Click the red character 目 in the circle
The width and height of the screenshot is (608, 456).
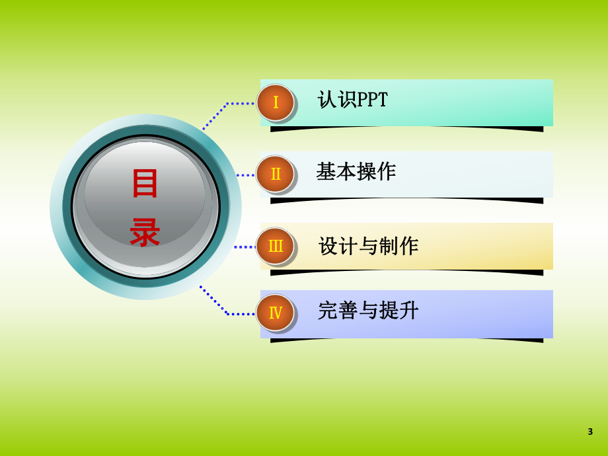click(x=145, y=184)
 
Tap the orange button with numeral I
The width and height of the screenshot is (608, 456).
click(x=275, y=102)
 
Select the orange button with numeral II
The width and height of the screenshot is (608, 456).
click(x=275, y=174)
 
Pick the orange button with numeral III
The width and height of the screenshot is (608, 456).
click(x=275, y=246)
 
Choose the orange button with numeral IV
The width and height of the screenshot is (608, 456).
click(x=275, y=313)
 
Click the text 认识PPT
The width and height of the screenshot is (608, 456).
click(x=352, y=100)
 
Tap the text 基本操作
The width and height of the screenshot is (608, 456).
click(x=356, y=172)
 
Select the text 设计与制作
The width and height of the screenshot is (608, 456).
click(x=368, y=247)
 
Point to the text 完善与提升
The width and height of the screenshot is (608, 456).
click(x=368, y=311)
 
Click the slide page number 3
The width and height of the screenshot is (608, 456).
click(x=590, y=432)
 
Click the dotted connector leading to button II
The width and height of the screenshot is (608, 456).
click(x=245, y=175)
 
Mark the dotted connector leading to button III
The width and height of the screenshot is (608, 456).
click(x=245, y=247)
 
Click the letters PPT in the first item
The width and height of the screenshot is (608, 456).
click(x=372, y=100)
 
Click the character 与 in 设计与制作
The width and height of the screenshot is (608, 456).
click(x=368, y=247)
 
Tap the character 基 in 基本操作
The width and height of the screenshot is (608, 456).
click(x=326, y=172)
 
